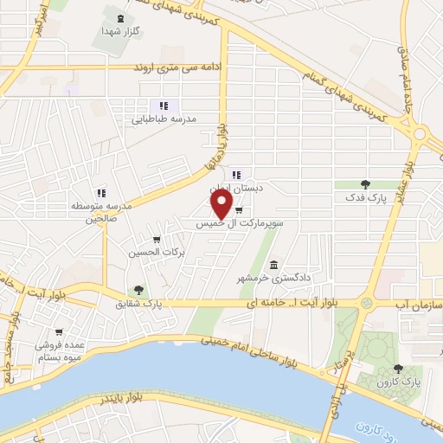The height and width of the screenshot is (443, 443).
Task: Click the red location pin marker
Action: pos(222,203)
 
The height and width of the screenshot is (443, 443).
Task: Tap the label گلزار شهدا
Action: pos(121,30)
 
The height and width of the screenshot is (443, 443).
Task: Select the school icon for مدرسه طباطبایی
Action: pos(163,106)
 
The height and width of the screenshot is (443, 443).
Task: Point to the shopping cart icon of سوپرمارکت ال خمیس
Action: pos(238,209)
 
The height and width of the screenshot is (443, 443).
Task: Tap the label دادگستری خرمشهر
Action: pos(279,278)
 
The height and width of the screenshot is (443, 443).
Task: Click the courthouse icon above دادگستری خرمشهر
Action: pos(274,265)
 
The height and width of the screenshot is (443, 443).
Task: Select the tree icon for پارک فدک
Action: pos(364,183)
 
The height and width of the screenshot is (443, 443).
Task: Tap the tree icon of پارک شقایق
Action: pos(138,291)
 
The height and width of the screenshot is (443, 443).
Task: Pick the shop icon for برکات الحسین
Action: pos(156,240)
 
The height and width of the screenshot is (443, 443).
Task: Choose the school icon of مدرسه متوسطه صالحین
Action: pos(100,194)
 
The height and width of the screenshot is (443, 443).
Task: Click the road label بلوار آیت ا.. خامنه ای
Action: pos(260,302)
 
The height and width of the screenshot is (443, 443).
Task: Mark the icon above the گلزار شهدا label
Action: pos(119,17)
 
